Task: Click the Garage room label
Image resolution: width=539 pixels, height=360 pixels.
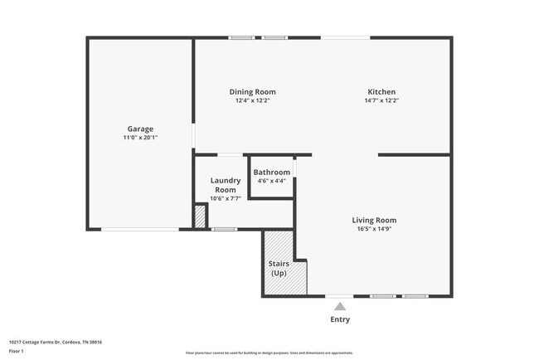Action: point(140,129)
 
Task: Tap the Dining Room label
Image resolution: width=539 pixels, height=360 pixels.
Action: point(252,91)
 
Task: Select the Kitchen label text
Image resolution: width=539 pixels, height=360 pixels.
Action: point(381,91)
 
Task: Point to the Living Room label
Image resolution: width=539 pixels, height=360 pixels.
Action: point(376,220)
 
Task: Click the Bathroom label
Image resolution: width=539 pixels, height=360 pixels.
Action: point(271,172)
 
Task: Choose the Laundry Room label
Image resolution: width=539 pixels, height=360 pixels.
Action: point(225,185)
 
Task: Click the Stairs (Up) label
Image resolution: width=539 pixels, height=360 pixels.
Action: point(279,268)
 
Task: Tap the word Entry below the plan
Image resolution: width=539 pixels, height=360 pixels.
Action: point(340,319)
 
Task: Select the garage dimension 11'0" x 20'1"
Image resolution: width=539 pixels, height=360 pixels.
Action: point(140,138)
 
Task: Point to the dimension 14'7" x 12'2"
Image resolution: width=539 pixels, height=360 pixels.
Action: point(381,100)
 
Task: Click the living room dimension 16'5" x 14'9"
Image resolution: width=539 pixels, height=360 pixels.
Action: point(376,229)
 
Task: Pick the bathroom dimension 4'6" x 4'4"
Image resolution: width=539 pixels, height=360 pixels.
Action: point(271,181)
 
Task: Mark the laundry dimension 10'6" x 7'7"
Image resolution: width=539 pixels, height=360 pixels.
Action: point(225,199)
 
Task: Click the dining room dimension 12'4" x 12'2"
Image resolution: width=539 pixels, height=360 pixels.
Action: point(252,100)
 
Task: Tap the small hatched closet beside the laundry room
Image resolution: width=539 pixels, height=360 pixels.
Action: point(200,216)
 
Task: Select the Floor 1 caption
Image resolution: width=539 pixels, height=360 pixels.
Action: point(17,351)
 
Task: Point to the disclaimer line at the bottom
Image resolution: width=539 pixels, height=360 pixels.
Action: point(269,353)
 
